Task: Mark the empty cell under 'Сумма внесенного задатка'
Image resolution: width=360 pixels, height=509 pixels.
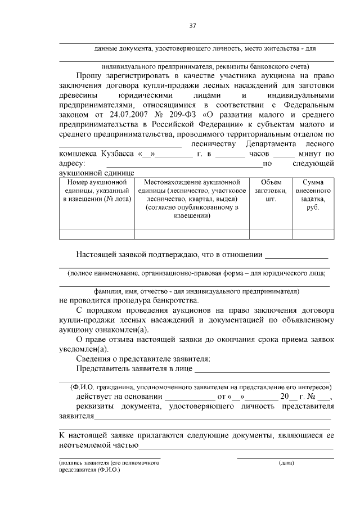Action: point(313,234)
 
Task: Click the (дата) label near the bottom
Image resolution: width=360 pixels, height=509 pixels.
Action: point(286,463)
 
